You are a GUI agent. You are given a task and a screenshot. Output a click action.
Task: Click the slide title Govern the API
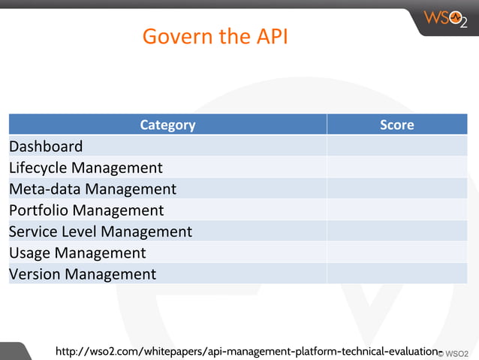click(x=215, y=36)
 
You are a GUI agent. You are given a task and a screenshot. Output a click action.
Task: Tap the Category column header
click(x=167, y=125)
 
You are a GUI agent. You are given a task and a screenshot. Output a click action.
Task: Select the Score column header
click(x=396, y=125)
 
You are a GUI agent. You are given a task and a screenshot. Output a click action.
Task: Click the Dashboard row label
click(x=46, y=146)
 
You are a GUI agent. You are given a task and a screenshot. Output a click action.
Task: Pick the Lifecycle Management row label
click(x=86, y=168)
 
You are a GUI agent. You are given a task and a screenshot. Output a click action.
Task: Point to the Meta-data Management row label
click(x=92, y=189)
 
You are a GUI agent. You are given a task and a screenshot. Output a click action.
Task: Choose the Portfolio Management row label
click(x=86, y=210)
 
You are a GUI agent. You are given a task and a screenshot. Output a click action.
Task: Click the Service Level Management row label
click(x=101, y=231)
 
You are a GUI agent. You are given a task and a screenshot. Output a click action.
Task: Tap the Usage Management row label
click(x=77, y=253)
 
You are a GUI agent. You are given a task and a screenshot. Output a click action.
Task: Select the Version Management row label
click(x=83, y=274)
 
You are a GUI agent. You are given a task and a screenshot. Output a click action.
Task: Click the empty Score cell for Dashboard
click(x=396, y=146)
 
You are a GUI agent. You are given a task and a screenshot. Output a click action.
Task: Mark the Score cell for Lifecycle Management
click(x=396, y=168)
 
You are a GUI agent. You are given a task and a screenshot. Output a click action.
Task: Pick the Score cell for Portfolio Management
click(x=396, y=210)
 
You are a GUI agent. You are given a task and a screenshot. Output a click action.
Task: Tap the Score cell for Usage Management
click(x=396, y=253)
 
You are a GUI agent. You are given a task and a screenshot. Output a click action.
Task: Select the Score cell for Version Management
click(x=396, y=274)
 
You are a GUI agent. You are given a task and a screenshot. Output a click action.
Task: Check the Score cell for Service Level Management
click(x=396, y=231)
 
